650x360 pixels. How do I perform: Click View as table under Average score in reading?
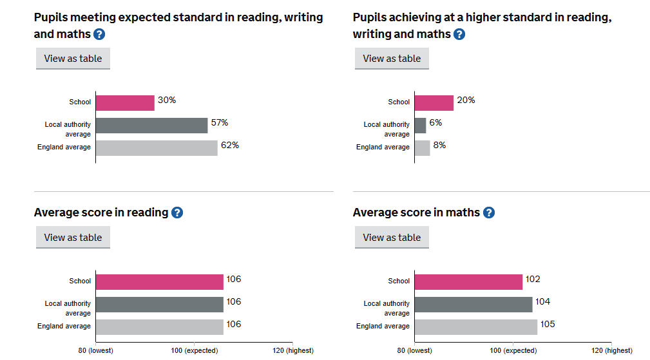coord(73,238)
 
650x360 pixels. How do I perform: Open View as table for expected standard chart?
coord(73,59)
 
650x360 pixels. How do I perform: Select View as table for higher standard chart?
coord(392,59)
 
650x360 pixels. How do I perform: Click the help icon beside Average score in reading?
coord(177,213)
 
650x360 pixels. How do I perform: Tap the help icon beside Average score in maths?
coord(489,213)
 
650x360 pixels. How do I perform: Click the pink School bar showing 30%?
coord(125,102)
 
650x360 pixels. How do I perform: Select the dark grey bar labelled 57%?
coord(152,125)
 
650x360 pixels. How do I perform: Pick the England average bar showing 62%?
coord(157,147)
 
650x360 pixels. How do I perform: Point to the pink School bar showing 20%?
coord(434,102)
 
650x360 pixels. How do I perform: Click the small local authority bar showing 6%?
coord(420,125)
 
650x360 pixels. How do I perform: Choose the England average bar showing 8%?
coord(422,147)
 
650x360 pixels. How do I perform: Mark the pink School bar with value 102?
coord(468,281)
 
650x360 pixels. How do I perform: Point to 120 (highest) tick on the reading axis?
coord(292,350)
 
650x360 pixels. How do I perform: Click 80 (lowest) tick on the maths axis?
coord(415,350)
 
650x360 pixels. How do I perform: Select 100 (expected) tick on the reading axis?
coord(194,350)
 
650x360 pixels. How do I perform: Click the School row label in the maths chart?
coord(399,281)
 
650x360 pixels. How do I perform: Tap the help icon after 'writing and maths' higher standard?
coord(459,34)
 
